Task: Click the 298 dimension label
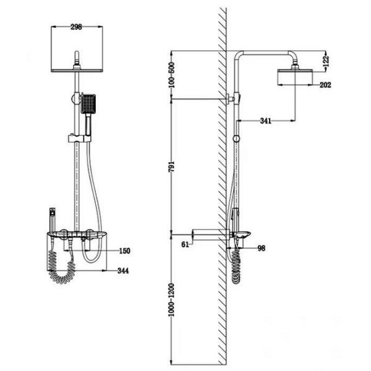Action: point(76,27)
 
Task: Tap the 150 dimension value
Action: point(124,251)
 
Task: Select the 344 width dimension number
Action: point(123,271)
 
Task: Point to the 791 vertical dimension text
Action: point(171,166)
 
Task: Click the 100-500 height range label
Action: point(171,75)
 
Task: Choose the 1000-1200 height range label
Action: point(171,300)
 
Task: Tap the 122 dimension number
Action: point(326,61)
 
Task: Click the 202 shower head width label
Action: point(325,85)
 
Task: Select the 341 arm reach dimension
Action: point(265,121)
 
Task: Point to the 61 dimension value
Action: point(185,244)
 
